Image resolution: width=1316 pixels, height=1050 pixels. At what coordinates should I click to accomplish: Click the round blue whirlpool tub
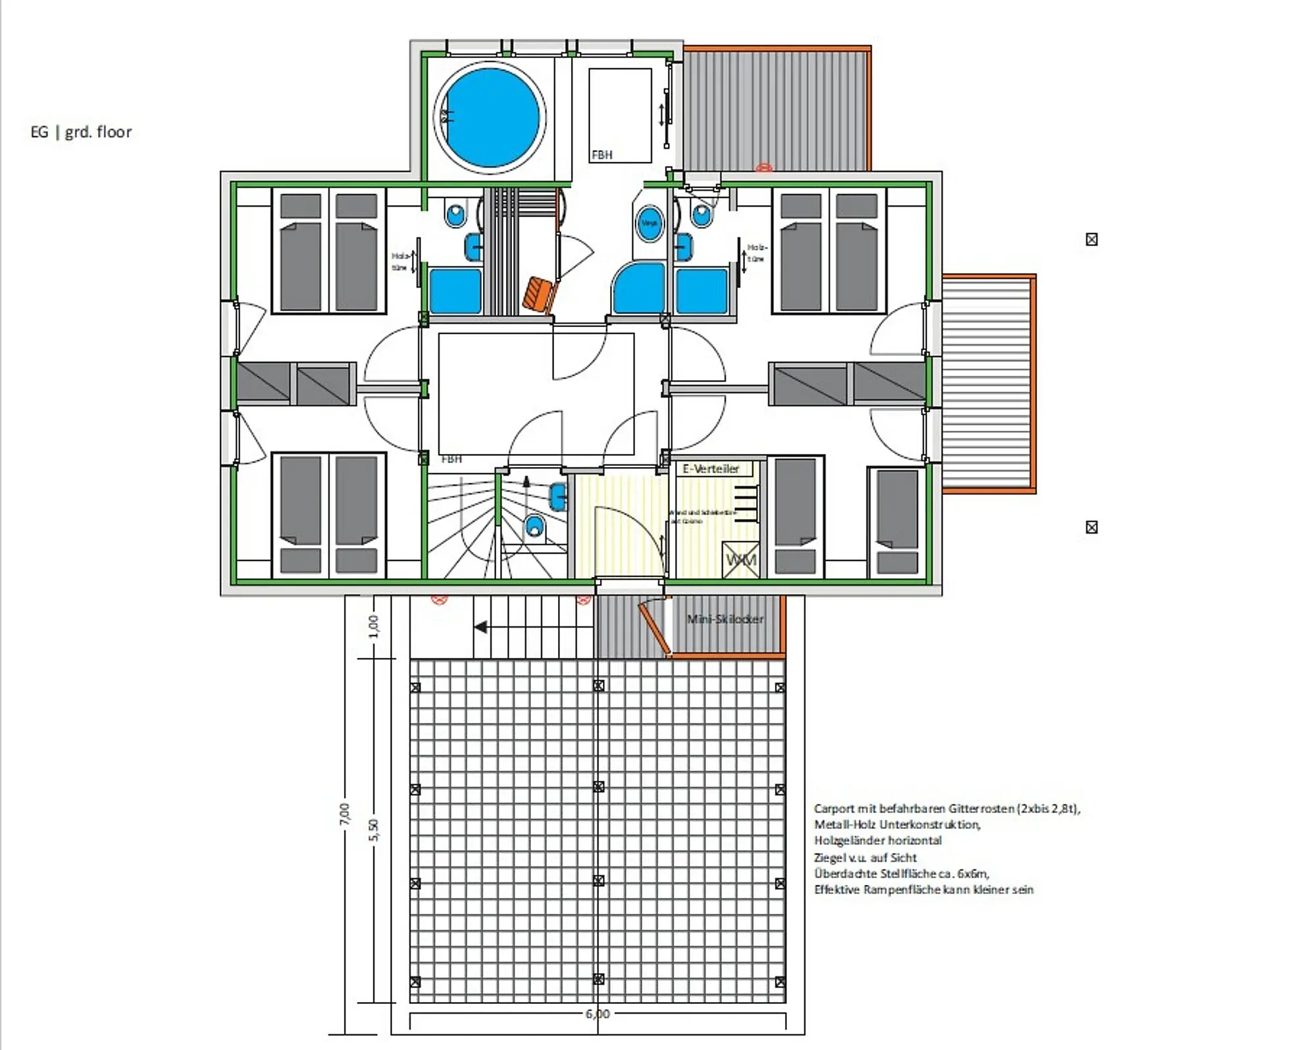click(x=490, y=118)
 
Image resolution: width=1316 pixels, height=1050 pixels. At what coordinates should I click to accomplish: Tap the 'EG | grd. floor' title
click(x=81, y=132)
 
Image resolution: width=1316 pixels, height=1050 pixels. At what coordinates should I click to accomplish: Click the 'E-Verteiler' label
click(x=711, y=468)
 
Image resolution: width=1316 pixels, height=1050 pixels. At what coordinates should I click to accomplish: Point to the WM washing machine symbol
click(x=741, y=560)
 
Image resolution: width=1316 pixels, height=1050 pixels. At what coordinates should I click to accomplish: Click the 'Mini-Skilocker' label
click(x=724, y=619)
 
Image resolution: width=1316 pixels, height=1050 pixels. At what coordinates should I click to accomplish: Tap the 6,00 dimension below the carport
click(x=597, y=1014)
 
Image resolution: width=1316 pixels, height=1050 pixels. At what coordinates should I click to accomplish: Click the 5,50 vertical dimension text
click(x=373, y=830)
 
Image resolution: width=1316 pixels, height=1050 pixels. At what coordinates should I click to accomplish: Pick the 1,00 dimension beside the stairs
click(x=373, y=626)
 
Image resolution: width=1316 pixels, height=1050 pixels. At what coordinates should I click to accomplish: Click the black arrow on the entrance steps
click(x=481, y=627)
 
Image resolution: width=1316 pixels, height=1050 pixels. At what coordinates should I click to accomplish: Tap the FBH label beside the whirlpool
click(x=601, y=155)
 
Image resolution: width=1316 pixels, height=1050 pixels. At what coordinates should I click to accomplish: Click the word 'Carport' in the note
click(x=834, y=809)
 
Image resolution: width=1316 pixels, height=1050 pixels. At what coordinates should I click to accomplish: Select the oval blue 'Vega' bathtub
click(x=649, y=223)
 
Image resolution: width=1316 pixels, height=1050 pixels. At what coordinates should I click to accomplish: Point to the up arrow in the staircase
click(x=526, y=482)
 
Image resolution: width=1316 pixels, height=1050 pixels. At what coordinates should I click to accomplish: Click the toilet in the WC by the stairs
click(x=535, y=527)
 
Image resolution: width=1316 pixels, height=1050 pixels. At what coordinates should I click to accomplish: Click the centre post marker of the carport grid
click(x=599, y=787)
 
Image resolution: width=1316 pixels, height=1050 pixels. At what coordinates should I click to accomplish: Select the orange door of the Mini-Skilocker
click(x=653, y=628)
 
